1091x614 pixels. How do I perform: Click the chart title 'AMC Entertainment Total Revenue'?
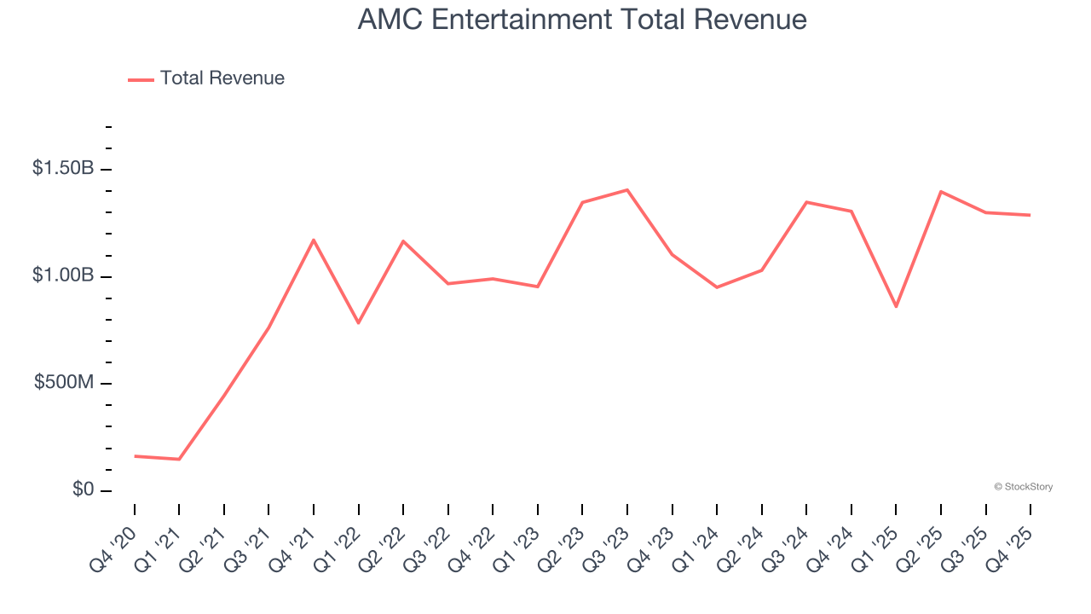tap(582, 19)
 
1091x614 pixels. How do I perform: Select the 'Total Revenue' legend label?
tap(222, 78)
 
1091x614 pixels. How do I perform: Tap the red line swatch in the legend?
tap(141, 79)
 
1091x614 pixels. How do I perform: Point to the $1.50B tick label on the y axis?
tap(63, 169)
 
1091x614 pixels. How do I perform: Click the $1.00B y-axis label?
tap(63, 275)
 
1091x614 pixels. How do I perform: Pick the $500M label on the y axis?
tap(64, 383)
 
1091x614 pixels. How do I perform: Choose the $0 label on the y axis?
tap(84, 489)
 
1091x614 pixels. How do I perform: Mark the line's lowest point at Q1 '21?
tap(179, 460)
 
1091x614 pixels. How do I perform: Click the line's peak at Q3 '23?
tap(627, 189)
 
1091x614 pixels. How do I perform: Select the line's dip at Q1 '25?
tap(896, 306)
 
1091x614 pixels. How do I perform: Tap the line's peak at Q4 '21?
tap(314, 240)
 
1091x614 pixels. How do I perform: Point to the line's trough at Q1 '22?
tap(358, 323)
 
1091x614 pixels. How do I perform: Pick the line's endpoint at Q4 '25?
tap(1030, 215)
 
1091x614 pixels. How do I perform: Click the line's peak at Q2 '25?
tap(941, 191)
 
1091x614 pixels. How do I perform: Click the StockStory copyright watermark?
tap(1023, 487)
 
